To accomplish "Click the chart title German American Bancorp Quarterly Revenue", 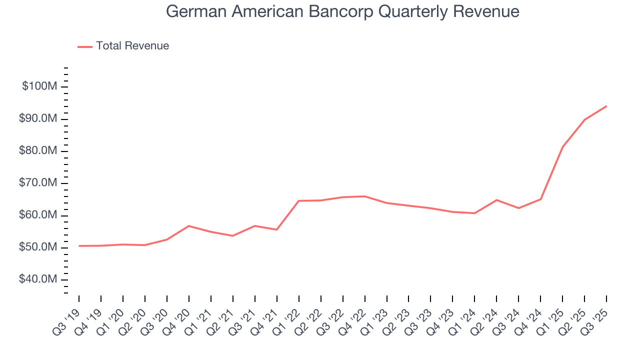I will [342, 11].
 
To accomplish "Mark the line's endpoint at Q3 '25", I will [606, 106].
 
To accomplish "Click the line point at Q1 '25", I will [562, 147].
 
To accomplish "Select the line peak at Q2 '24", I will [496, 200].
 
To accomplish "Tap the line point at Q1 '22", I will [298, 201].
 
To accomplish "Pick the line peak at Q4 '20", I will [188, 226].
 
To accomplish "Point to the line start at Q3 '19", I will [79, 246].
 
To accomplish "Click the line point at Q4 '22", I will [364, 196].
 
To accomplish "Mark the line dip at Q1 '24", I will [474, 213].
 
